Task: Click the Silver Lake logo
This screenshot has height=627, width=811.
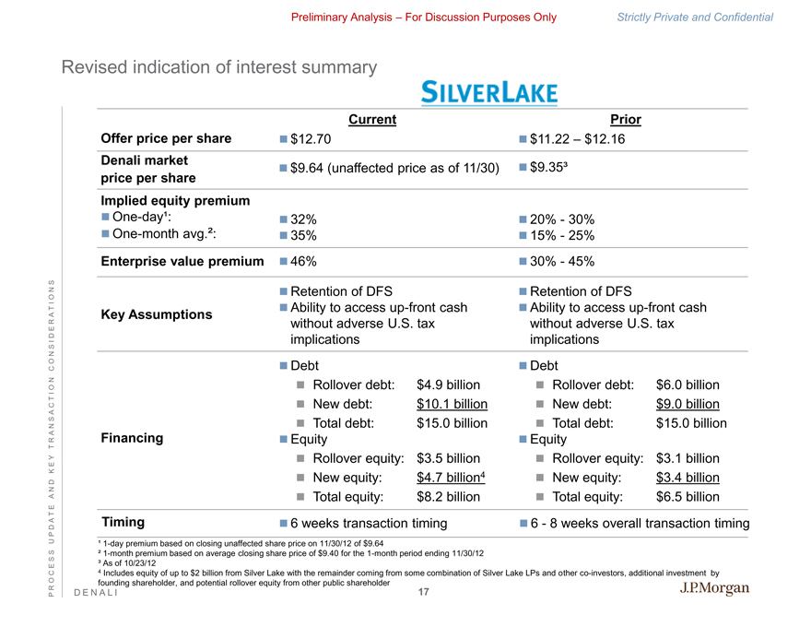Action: [x=488, y=92]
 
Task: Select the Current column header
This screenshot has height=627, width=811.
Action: [x=372, y=119]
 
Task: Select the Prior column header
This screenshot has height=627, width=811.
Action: [x=626, y=119]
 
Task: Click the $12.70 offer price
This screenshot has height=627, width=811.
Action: [x=310, y=139]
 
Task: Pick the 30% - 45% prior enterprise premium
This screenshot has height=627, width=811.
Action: [x=562, y=261]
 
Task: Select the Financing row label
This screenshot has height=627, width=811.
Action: [x=131, y=438]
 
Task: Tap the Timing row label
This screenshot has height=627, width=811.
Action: [x=123, y=523]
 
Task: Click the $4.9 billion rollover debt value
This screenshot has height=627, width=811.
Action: [x=448, y=384]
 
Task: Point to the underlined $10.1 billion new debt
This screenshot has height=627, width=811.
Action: [x=452, y=404]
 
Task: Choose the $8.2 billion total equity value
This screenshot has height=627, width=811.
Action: [x=448, y=497]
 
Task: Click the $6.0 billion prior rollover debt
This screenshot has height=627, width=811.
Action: [x=687, y=384]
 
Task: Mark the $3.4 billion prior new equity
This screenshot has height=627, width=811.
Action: [x=687, y=478]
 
